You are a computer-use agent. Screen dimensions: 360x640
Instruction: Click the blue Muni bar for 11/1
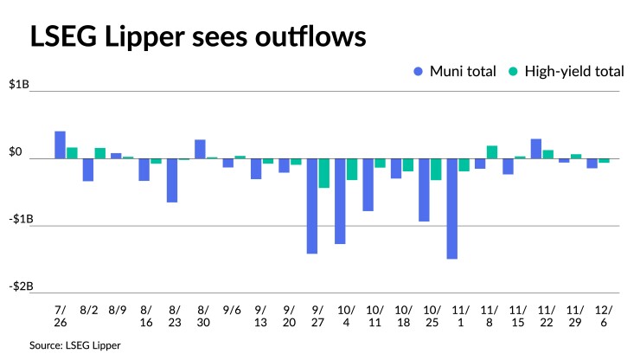[451, 209]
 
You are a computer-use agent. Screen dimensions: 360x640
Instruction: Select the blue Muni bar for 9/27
[311, 206]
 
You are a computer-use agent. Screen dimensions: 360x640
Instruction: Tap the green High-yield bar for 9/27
[323, 173]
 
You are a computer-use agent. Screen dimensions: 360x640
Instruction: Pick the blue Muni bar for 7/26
[60, 145]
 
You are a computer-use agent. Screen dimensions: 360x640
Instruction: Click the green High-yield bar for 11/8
[492, 152]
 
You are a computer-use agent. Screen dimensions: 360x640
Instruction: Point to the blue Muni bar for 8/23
[172, 180]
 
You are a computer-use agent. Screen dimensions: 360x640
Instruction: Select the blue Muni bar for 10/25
[424, 190]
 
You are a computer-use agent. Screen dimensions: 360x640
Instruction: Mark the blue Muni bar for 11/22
[536, 149]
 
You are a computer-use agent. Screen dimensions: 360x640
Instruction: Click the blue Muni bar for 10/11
[368, 184]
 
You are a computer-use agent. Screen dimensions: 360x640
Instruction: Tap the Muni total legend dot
[419, 72]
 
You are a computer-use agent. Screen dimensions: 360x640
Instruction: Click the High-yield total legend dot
[512, 72]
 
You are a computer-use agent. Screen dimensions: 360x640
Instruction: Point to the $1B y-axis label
[19, 85]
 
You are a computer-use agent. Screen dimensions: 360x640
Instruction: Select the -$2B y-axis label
[19, 286]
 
